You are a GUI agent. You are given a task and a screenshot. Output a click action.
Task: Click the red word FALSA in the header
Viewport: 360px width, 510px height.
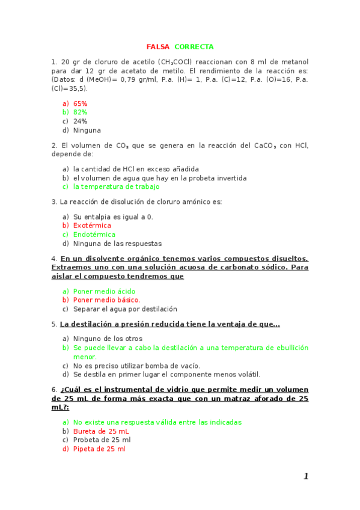158,47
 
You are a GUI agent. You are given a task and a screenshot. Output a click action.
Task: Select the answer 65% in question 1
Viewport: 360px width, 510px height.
80,103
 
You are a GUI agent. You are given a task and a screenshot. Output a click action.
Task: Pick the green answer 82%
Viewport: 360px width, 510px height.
80,112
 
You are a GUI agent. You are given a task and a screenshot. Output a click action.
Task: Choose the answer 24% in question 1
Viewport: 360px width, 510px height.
80,121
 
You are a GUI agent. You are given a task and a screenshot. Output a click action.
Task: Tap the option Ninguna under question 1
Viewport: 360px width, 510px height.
87,130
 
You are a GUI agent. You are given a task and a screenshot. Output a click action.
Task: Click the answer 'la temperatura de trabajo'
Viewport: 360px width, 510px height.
117,186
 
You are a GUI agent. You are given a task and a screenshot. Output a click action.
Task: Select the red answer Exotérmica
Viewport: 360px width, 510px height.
92,226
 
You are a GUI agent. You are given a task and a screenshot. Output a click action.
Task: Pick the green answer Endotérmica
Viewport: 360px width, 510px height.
94,235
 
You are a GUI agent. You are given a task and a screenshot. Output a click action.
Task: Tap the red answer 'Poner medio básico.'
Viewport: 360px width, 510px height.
106,300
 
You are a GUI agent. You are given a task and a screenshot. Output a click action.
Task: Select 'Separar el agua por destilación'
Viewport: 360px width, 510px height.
125,309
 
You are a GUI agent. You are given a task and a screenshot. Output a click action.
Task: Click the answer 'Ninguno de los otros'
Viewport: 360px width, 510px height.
108,339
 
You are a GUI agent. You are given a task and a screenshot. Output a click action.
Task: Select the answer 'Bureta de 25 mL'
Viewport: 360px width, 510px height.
101,431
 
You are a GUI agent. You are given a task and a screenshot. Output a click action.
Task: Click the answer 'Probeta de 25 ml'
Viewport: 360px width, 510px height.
102,440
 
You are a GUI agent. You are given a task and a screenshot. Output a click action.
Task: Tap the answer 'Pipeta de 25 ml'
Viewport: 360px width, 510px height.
99,449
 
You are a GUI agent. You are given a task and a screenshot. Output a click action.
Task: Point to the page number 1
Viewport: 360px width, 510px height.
306,476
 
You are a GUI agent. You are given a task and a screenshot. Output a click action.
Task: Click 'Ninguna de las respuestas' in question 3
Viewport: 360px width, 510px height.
117,244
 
